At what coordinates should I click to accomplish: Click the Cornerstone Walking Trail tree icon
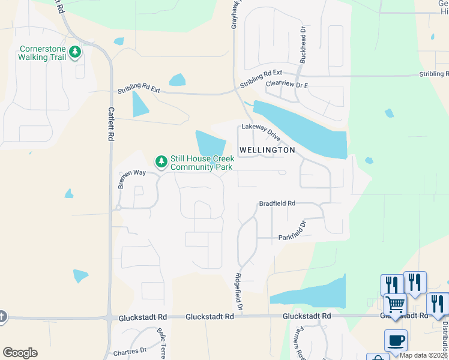click(75, 52)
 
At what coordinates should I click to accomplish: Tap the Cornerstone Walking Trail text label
click(41, 53)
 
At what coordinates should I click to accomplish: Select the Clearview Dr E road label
click(286, 85)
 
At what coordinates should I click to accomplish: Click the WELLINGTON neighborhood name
click(267, 150)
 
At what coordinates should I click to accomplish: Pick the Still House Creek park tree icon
click(161, 161)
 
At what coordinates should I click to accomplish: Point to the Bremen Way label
click(131, 179)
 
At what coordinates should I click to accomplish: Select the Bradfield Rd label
click(277, 203)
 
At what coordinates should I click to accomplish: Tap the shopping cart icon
click(395, 304)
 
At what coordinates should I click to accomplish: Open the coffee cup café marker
click(396, 340)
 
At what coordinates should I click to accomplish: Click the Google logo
click(20, 353)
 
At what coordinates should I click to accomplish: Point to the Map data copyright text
click(424, 355)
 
